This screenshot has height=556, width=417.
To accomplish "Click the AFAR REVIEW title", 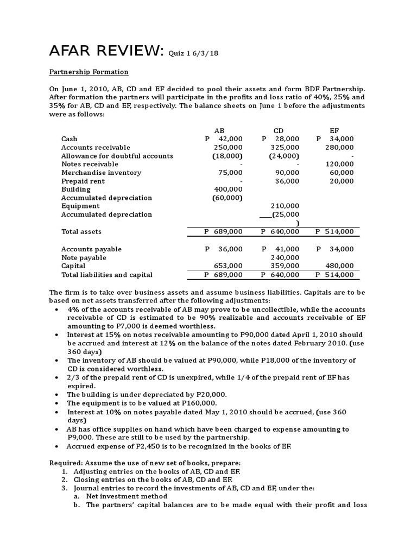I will (106, 51).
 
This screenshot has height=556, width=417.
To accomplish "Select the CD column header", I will (279, 131).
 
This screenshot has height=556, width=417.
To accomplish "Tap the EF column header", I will (334, 131).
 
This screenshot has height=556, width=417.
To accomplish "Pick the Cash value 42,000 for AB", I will (228, 139).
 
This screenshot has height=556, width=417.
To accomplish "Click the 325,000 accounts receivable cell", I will (284, 148).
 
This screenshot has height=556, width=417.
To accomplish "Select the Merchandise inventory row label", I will (101, 173).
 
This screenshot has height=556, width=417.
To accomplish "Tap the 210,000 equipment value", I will (284, 206).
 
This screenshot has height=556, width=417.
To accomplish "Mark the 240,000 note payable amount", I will (284, 257).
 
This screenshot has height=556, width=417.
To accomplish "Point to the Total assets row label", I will (81, 231).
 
